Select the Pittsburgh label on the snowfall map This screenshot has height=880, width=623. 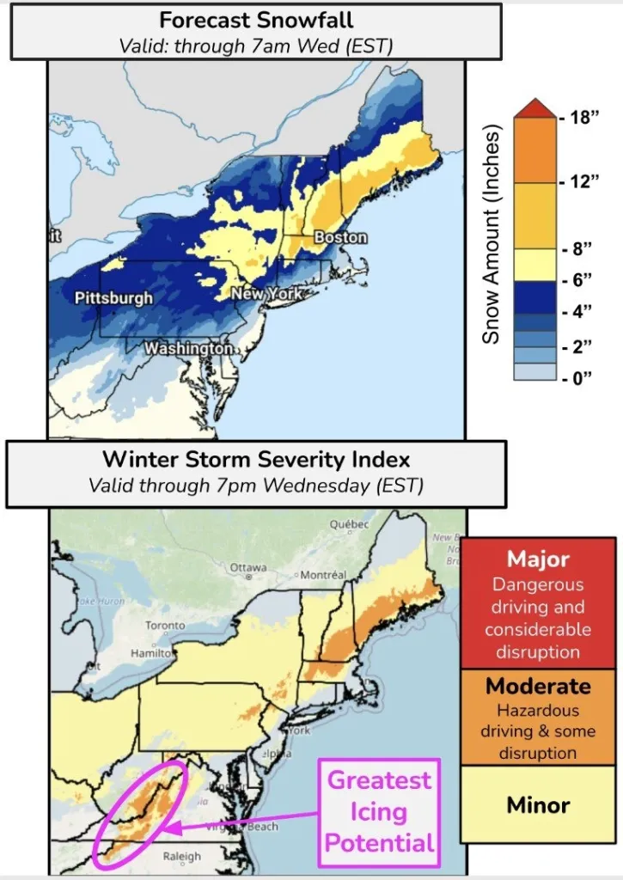(x=114, y=298)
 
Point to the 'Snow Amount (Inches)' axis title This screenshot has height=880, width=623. (x=491, y=235)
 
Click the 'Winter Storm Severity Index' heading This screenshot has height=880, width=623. (x=255, y=459)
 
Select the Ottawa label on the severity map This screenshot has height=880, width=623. (x=250, y=568)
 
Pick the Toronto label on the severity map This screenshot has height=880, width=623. (x=165, y=626)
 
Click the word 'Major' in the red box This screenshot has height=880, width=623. (x=538, y=559)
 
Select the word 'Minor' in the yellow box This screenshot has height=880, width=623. (x=538, y=805)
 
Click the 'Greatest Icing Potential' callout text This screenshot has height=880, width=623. (x=380, y=811)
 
